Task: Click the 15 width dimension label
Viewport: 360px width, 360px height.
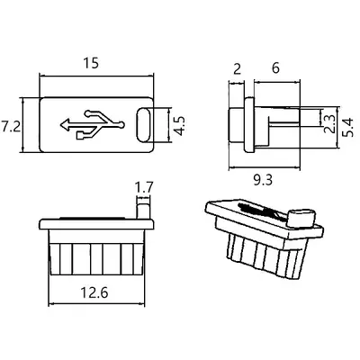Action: pos(91,63)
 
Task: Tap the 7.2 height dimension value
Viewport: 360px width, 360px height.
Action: pos(11,126)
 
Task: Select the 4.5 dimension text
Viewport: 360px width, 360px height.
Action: pos(180,126)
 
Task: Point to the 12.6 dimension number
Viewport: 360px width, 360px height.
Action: pos(94,292)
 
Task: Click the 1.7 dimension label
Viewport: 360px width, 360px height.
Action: pos(144,188)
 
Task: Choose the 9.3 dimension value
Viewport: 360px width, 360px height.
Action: pos(263,180)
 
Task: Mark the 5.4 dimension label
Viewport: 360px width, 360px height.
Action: pos(348,127)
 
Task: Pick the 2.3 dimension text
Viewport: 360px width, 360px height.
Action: pos(329,123)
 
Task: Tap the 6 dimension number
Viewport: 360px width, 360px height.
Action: pos(275,68)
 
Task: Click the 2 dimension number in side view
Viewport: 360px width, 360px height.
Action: pos(237,69)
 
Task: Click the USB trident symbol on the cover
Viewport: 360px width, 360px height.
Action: pos(93,124)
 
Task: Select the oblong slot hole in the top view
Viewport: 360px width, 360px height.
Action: pos(144,124)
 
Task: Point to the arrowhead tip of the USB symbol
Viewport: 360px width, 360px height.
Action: pos(61,125)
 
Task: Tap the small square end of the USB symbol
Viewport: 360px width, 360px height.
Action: pos(80,136)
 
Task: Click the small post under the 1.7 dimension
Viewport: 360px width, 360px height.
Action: pos(143,211)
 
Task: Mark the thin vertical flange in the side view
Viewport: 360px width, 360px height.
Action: pos(249,124)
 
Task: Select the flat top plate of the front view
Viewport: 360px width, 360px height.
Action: pos(96,224)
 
